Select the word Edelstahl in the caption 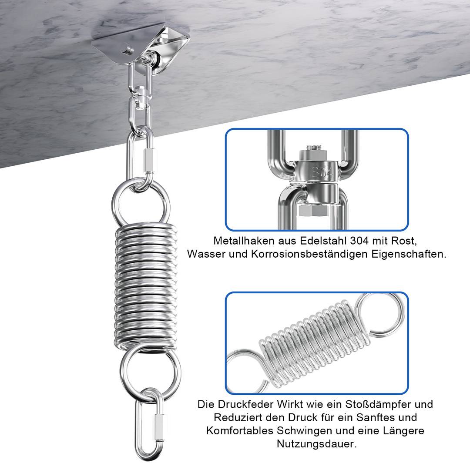[x=323, y=241]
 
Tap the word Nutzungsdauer [x=316, y=444]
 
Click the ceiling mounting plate [x=141, y=45]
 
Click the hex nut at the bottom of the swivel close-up [x=312, y=211]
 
